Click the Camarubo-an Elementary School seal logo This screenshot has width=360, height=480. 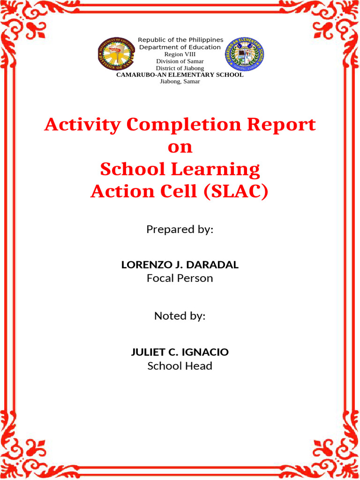click(244, 54)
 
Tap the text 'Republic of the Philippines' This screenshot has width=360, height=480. click(180, 40)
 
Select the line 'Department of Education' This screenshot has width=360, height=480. click(180, 47)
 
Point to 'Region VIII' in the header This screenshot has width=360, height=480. click(180, 54)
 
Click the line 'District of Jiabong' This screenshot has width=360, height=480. click(180, 68)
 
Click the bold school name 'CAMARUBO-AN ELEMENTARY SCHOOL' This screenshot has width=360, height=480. click(180, 75)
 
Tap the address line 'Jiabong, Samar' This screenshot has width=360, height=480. click(180, 81)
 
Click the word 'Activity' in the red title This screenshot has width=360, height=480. click(82, 125)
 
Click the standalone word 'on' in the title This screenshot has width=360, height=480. click(180, 147)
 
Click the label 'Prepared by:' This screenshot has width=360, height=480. click(180, 230)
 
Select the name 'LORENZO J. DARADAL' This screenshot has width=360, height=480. click(180, 265)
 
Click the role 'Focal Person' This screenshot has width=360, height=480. click(180, 278)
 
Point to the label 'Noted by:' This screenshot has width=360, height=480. click(180, 316)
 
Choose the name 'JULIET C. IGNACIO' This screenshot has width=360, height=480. click(180, 352)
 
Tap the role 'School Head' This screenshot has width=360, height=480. click(180, 366)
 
